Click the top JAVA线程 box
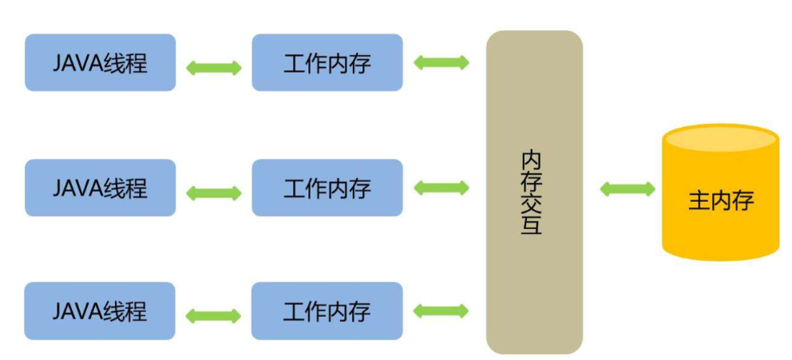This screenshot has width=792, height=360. (x=100, y=62)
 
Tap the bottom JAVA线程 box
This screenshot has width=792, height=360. (x=100, y=311)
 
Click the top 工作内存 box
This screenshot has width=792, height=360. (x=327, y=62)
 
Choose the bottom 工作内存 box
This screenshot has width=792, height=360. (x=327, y=311)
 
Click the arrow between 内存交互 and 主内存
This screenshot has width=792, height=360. (x=628, y=189)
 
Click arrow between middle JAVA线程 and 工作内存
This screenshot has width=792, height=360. (x=213, y=192)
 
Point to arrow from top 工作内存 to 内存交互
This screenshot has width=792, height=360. (x=442, y=62)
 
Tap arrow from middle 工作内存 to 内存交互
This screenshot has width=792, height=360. (x=442, y=188)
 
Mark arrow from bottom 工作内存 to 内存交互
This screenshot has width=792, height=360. (x=442, y=311)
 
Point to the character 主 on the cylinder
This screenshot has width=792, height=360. (x=699, y=200)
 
